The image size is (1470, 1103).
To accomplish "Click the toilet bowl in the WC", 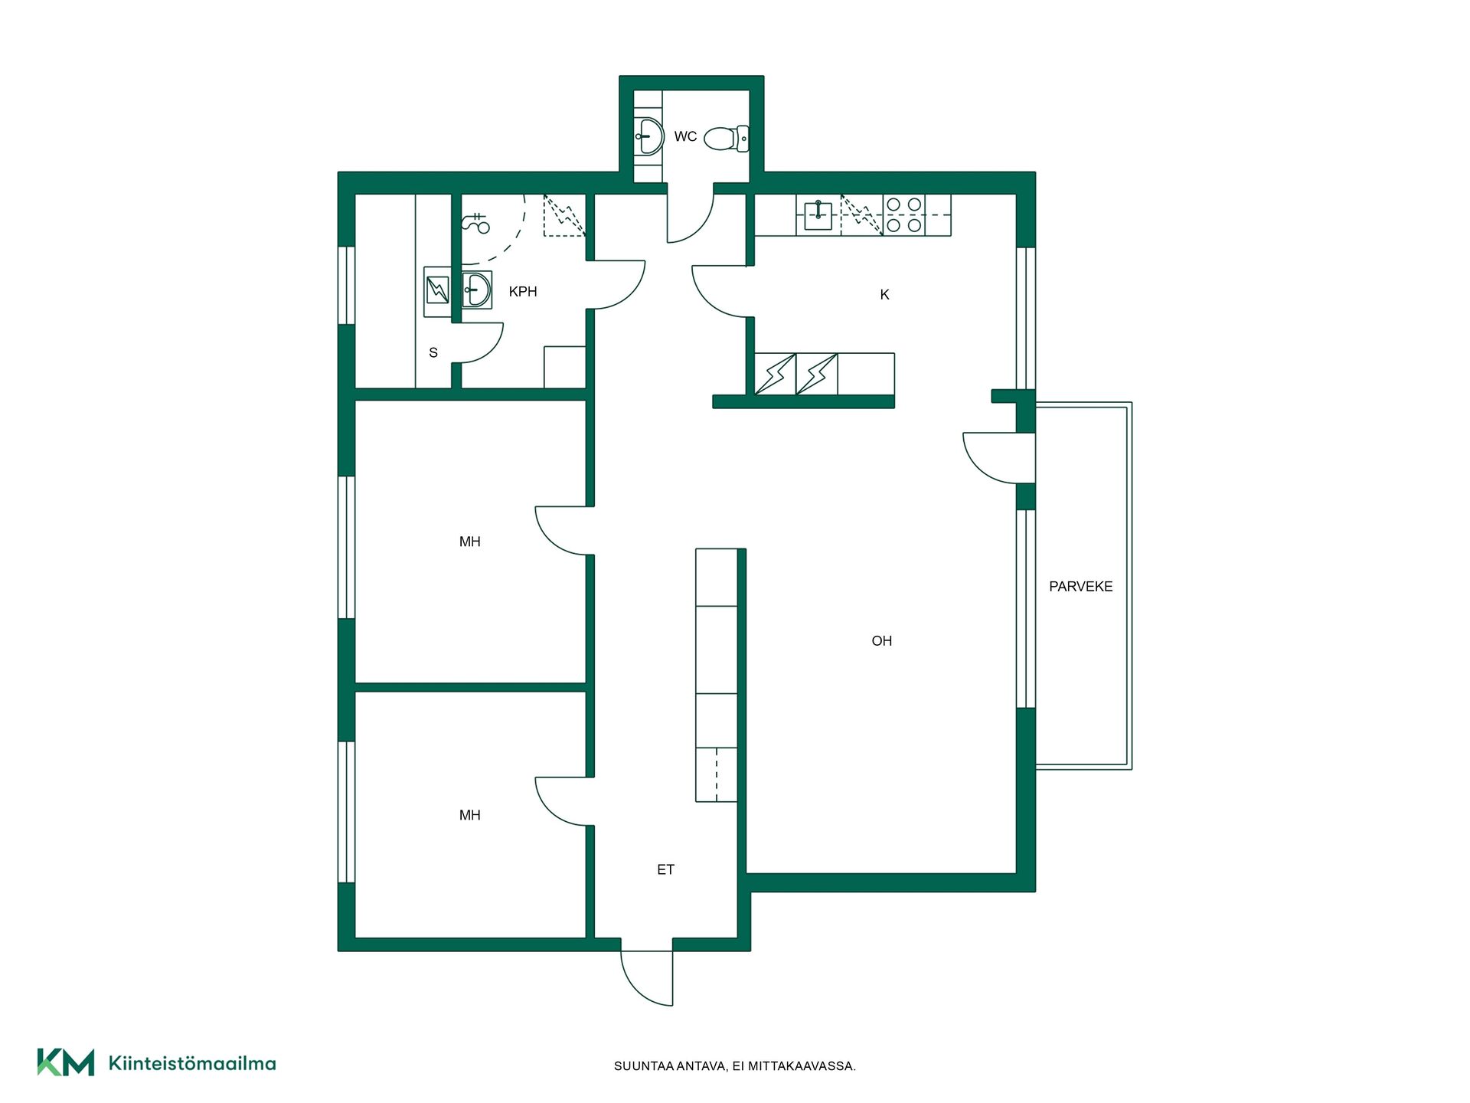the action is [x=726, y=139].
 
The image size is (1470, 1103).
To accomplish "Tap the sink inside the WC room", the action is [x=649, y=136].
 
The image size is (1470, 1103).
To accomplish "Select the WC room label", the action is [x=685, y=137].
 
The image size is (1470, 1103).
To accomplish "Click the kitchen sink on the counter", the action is [x=818, y=215].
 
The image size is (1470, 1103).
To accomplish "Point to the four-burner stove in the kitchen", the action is [x=904, y=215].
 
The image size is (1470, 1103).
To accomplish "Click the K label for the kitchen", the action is [x=884, y=295].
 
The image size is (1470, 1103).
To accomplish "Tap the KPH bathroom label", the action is [x=523, y=292].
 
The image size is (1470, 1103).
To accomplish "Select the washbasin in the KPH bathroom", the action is [x=476, y=290].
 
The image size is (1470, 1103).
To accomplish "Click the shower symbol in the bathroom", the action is [x=475, y=223].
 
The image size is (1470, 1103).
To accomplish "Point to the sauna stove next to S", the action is [x=437, y=291].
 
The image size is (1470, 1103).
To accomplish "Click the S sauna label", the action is [x=433, y=353].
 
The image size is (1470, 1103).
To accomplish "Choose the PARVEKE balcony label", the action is [x=1080, y=587].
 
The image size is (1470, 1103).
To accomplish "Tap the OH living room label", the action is [x=881, y=641].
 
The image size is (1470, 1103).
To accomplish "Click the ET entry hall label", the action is [x=665, y=869].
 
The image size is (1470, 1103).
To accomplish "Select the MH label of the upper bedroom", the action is [x=469, y=542].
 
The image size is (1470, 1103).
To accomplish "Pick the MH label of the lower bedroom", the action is [x=469, y=816].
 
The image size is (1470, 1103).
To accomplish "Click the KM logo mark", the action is [x=66, y=1062].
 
